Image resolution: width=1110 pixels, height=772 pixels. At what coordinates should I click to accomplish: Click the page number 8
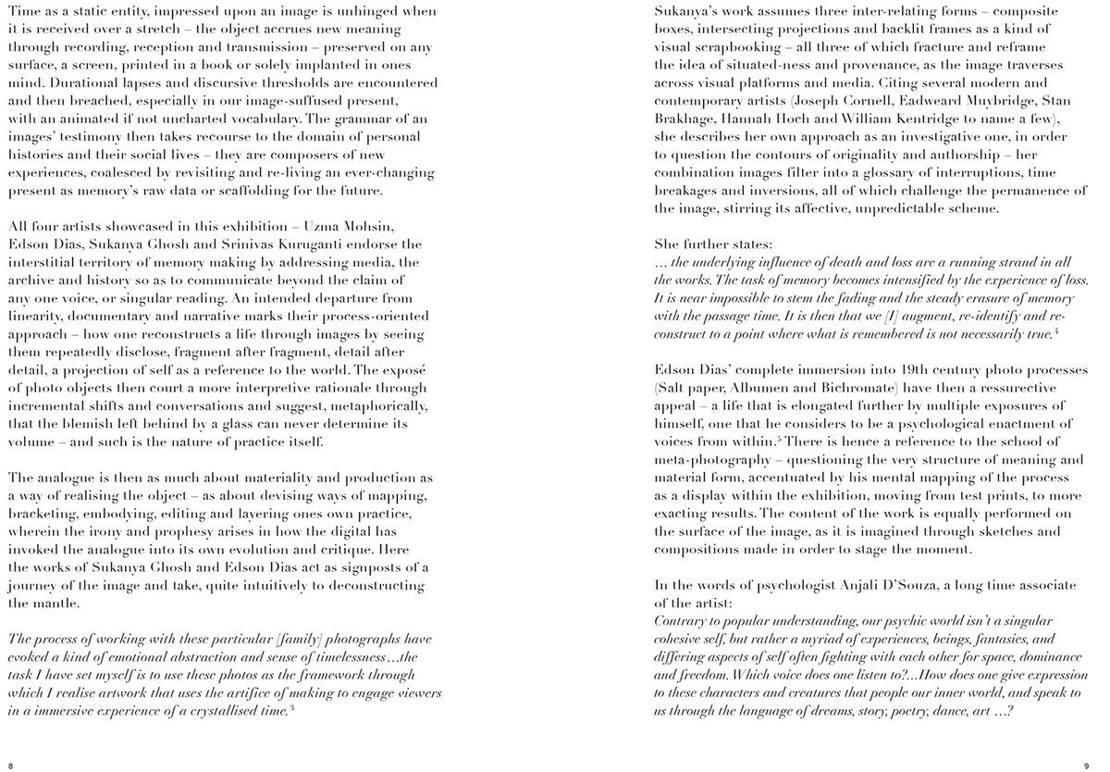tap(10, 765)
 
